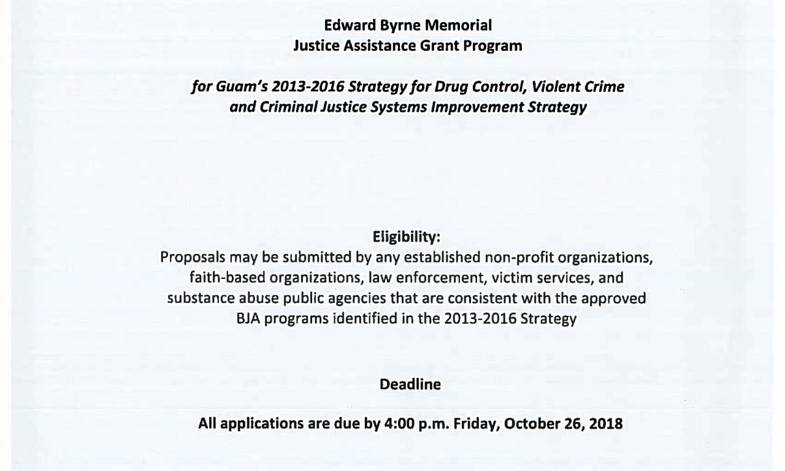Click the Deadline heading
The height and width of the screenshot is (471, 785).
pyautogui.click(x=407, y=385)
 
